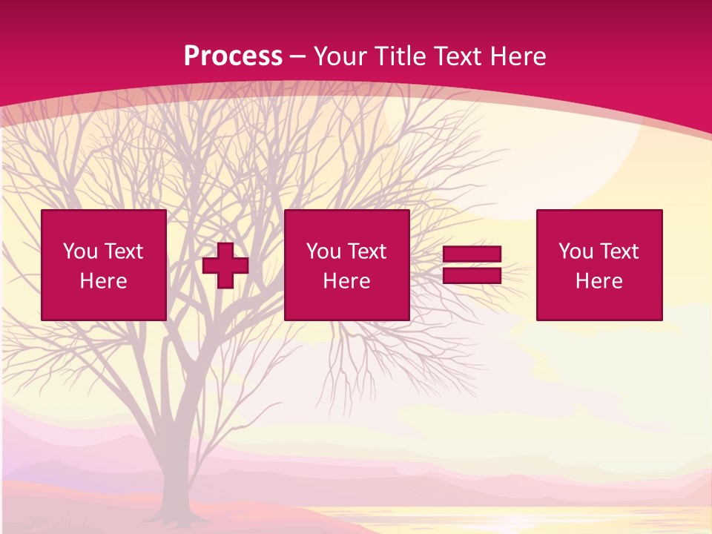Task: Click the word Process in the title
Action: point(233,56)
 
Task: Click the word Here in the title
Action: point(519,56)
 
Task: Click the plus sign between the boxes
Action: point(225,266)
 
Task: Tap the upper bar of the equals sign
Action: point(472,254)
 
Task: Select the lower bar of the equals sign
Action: point(472,276)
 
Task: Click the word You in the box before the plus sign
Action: point(80,251)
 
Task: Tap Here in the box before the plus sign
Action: point(103,281)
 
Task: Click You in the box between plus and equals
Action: point(323,251)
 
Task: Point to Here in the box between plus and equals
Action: point(346,281)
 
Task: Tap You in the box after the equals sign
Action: point(576,251)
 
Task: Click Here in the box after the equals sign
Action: point(599,281)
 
